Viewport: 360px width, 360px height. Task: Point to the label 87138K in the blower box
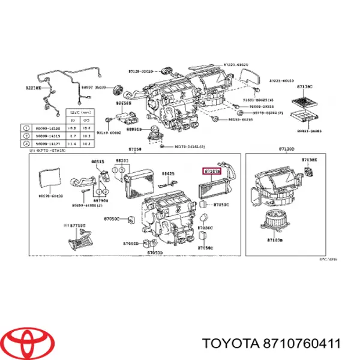[x=310, y=160]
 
